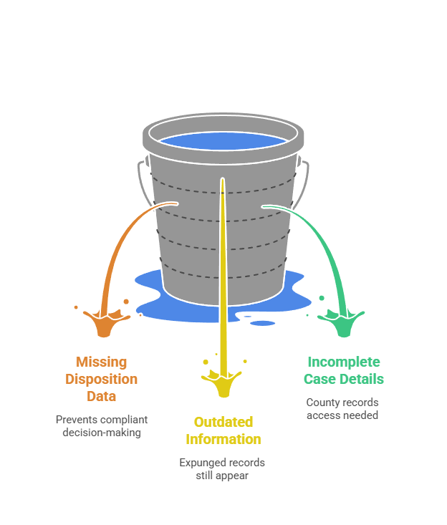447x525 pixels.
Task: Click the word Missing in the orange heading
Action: (101, 362)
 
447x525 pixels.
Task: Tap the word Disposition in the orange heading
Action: (101, 379)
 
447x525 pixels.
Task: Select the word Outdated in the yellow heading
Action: (223, 422)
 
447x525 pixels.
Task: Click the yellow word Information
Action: (223, 439)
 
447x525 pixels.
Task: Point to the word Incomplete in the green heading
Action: (343, 362)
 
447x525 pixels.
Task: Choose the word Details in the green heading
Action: (362, 379)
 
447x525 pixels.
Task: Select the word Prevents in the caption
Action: (77, 419)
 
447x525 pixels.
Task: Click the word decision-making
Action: (101, 432)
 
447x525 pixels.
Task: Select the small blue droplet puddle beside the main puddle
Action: (263, 323)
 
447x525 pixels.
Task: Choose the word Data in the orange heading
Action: (101, 396)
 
